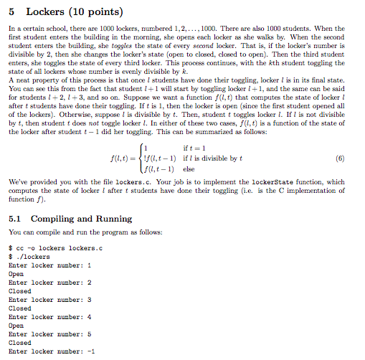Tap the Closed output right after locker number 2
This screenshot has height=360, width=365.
click(x=19, y=293)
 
